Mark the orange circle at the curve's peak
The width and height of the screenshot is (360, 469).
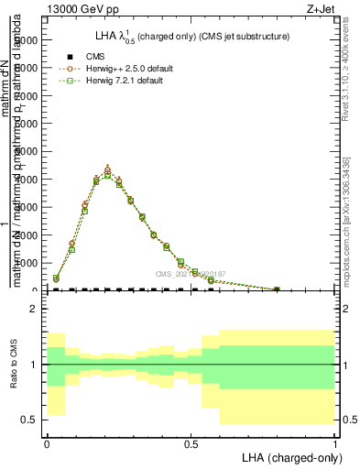click(107, 169)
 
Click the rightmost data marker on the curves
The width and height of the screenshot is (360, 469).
click(277, 289)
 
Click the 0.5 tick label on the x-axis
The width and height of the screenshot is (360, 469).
click(190, 442)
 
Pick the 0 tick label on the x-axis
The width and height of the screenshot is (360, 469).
click(47, 442)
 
